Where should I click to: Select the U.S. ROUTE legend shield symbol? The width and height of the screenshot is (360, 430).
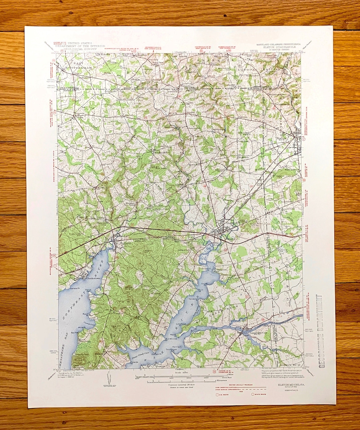click(x=217, y=395)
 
